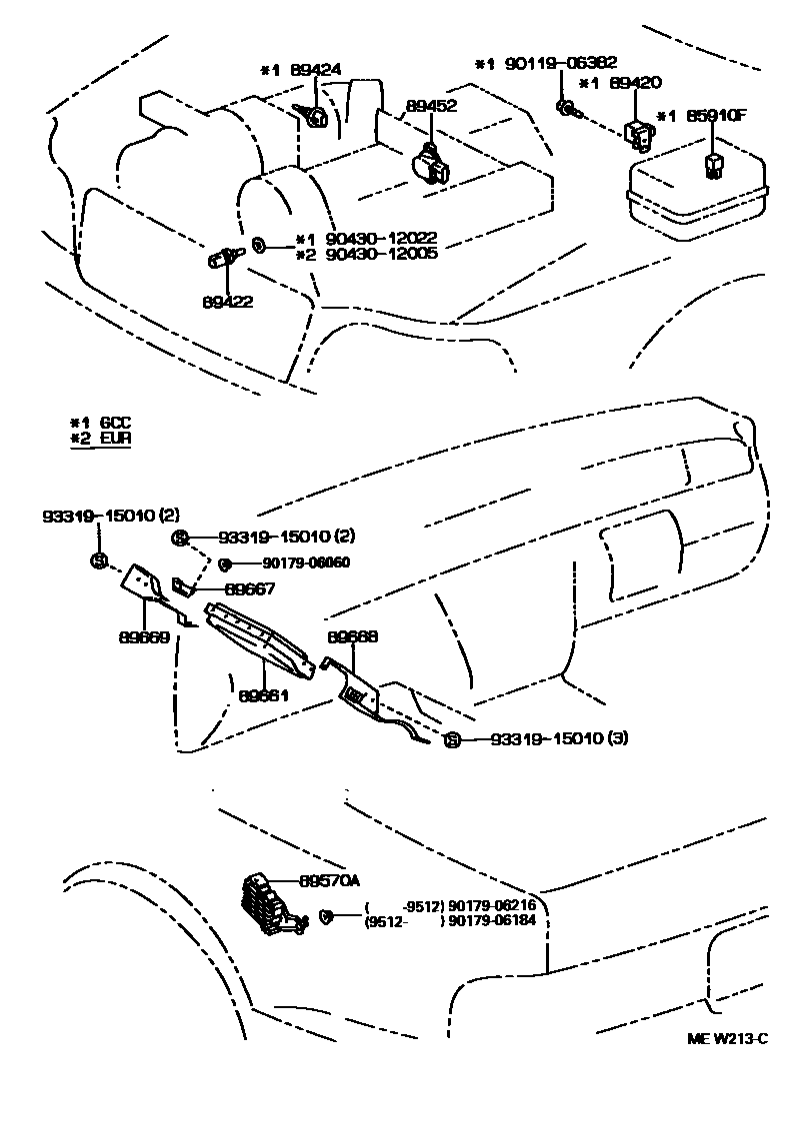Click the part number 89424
315,70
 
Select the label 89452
431,105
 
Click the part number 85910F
716,115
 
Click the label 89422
227,301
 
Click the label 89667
250,588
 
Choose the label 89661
264,693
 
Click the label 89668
352,635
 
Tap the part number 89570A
329,880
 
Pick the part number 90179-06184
492,919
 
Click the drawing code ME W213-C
727,1038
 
